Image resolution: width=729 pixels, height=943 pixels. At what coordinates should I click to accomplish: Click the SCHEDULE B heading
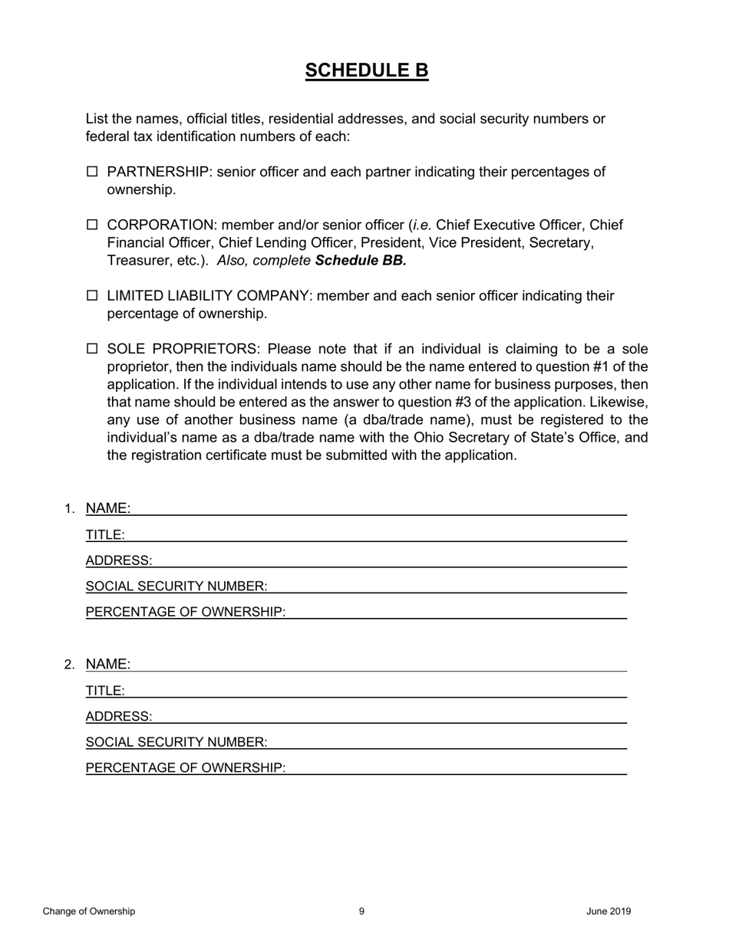(366, 71)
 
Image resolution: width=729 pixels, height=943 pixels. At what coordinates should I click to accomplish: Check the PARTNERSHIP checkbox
(92, 172)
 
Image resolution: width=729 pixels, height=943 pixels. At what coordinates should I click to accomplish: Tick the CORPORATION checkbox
(92, 225)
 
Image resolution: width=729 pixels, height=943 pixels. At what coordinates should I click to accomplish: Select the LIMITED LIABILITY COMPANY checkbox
(92, 295)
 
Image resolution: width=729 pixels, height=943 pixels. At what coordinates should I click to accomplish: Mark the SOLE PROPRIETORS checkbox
(92, 349)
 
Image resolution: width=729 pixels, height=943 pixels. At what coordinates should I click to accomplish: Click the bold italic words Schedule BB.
(360, 261)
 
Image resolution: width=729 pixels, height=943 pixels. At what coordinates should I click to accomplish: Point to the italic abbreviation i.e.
(422, 225)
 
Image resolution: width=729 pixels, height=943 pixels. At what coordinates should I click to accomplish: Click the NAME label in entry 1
(107, 508)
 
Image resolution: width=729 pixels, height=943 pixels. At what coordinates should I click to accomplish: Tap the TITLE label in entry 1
(105, 535)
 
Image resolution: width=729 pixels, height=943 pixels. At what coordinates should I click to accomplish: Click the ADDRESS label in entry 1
(119, 560)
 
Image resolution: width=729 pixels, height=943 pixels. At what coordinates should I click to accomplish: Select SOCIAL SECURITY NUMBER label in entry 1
(176, 586)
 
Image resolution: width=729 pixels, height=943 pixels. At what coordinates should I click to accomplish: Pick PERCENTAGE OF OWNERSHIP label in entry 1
(185, 612)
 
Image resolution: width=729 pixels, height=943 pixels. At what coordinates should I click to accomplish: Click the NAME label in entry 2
(107, 664)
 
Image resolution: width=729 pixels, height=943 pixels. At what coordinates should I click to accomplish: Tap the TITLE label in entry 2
(105, 691)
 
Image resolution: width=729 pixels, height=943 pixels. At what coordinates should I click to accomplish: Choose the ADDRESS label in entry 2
(119, 717)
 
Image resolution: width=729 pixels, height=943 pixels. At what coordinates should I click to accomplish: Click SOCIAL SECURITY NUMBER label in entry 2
(176, 742)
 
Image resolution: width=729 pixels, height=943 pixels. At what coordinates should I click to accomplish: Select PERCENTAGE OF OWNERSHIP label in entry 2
(185, 768)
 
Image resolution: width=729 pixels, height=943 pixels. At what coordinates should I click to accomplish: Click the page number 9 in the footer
(361, 912)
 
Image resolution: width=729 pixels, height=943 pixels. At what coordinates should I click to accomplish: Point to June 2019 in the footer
(609, 912)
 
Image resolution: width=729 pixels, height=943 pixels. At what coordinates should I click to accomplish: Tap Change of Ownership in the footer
(89, 912)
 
